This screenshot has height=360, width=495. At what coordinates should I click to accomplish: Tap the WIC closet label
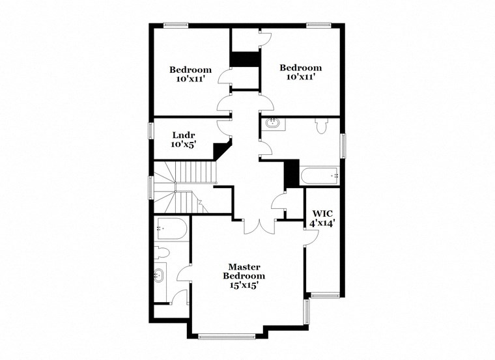click(x=322, y=214)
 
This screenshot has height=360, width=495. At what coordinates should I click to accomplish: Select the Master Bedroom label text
click(x=244, y=271)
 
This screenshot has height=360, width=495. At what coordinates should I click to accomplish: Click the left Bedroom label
click(x=190, y=70)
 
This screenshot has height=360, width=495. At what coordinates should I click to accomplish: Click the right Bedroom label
click(x=300, y=68)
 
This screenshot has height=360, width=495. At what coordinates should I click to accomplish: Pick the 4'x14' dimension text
click(x=322, y=223)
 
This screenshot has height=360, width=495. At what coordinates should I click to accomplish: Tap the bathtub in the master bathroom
click(x=172, y=230)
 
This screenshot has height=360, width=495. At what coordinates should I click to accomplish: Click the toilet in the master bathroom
click(x=163, y=252)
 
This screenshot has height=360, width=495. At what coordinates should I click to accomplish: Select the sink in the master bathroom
click(x=159, y=276)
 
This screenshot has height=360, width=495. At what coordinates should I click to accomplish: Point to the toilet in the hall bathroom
click(x=320, y=125)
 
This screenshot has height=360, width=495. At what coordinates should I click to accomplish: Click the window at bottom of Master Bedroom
click(x=227, y=336)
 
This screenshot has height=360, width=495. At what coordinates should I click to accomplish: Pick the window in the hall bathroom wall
click(x=343, y=145)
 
